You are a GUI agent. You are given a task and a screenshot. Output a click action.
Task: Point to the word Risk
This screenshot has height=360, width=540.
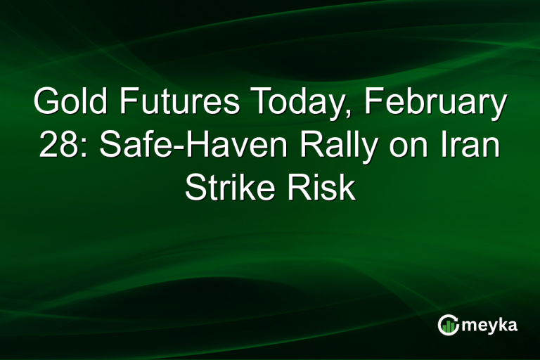pos(324,188)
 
